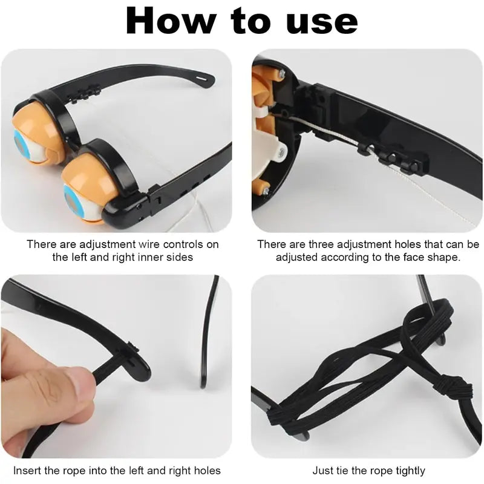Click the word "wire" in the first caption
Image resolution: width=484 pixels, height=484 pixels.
[x=149, y=244]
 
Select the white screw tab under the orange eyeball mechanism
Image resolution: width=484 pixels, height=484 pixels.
[x=280, y=152]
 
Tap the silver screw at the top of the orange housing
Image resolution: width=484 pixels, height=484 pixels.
[x=281, y=73]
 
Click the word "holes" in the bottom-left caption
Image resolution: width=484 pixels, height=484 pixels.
[x=208, y=471]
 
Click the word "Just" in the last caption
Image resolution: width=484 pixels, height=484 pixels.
[x=322, y=471]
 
